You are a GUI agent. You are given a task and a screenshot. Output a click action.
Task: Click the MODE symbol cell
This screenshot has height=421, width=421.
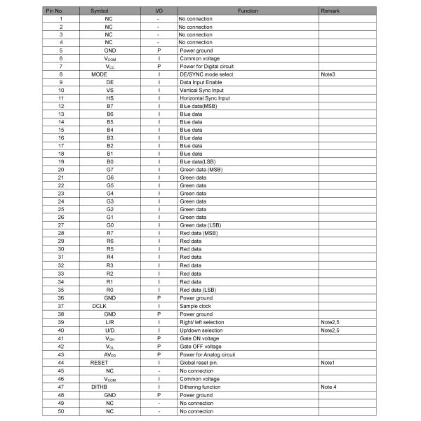[x=99, y=74]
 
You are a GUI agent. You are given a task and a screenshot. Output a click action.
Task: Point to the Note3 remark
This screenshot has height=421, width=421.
[x=328, y=74]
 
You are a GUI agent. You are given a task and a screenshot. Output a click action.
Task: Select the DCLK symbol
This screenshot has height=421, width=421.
[x=99, y=306]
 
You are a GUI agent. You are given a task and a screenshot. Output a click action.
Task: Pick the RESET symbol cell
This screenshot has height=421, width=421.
[x=99, y=363]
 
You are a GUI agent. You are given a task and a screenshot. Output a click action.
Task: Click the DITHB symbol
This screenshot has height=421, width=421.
[x=99, y=387]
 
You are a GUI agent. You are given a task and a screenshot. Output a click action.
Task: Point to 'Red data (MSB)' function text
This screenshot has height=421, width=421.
[x=199, y=232]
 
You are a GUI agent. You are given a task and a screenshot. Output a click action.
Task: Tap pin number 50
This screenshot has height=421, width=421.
[x=61, y=411]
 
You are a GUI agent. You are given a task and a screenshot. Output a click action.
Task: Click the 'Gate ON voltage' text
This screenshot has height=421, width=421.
[x=199, y=338]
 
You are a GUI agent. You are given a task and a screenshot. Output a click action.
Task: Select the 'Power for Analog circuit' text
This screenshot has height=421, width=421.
[x=208, y=354]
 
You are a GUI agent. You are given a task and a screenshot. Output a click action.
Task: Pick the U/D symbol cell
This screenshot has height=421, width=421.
[x=109, y=330]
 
